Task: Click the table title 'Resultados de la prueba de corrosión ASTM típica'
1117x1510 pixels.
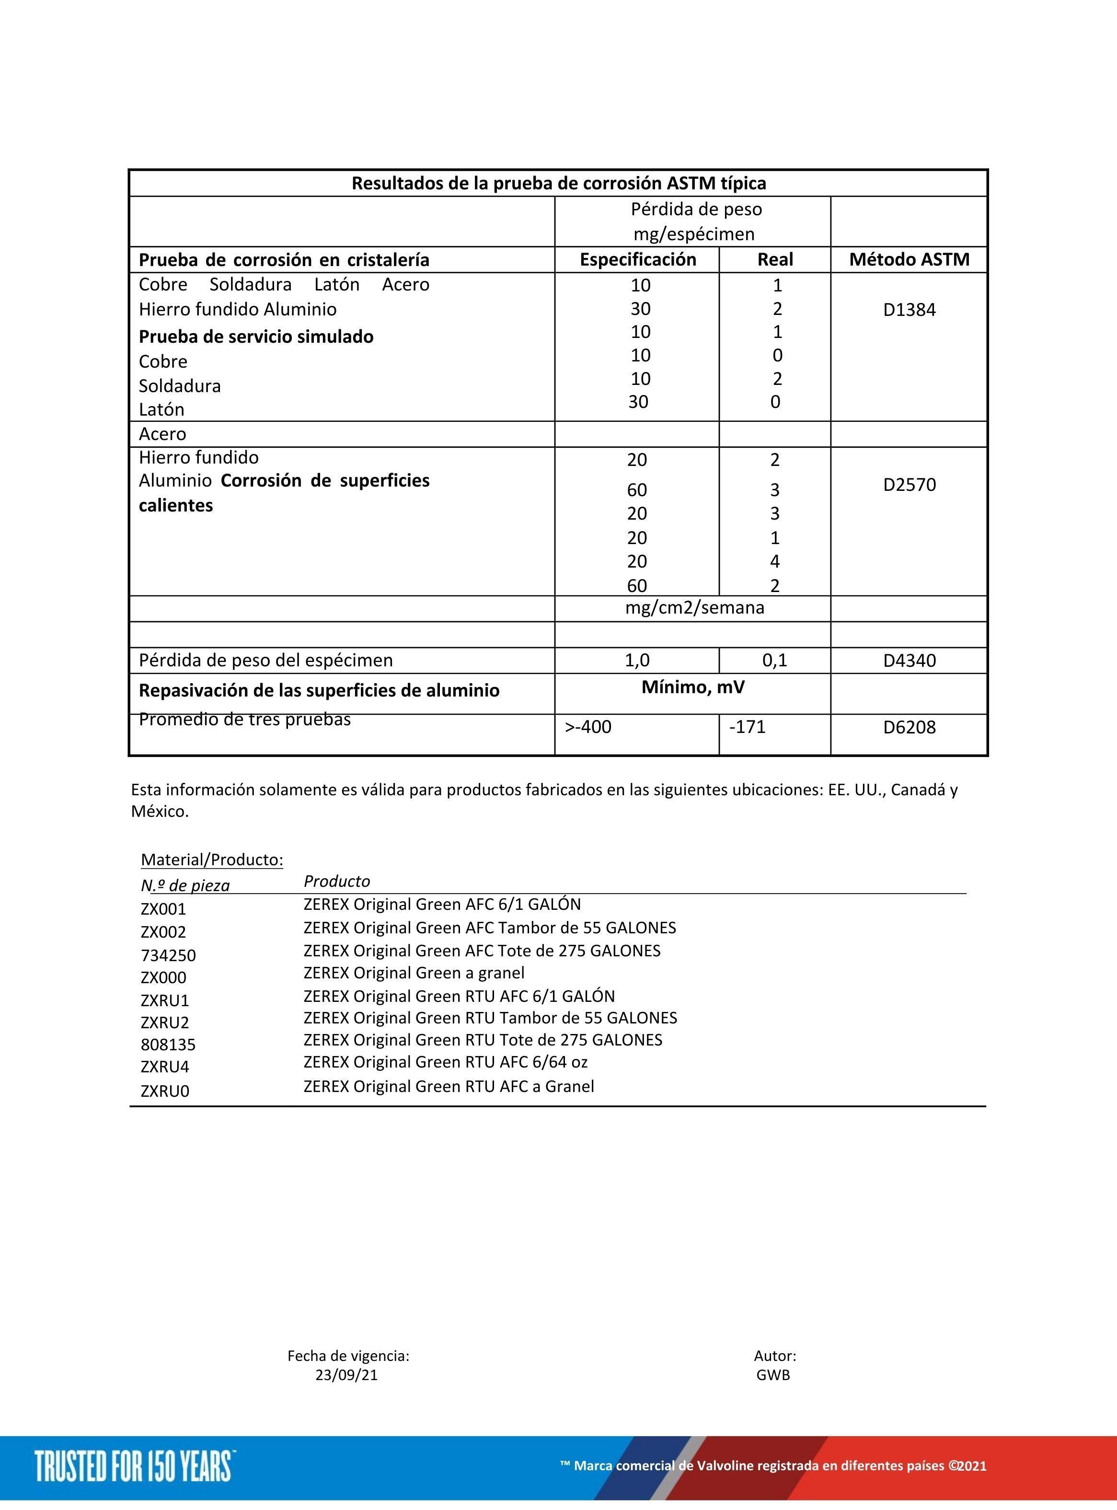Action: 559,183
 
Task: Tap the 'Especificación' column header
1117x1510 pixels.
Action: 638,260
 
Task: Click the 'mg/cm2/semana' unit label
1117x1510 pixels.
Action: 694,608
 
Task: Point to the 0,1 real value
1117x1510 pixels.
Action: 774,661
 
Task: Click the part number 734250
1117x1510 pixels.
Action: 168,955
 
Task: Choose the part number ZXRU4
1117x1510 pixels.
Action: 165,1067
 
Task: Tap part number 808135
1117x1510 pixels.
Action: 168,1045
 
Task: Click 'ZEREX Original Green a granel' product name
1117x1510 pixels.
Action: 414,973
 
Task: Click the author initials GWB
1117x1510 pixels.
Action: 773,1375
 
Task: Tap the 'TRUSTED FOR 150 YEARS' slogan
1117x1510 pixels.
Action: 133,1466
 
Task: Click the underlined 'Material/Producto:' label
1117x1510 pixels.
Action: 212,860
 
